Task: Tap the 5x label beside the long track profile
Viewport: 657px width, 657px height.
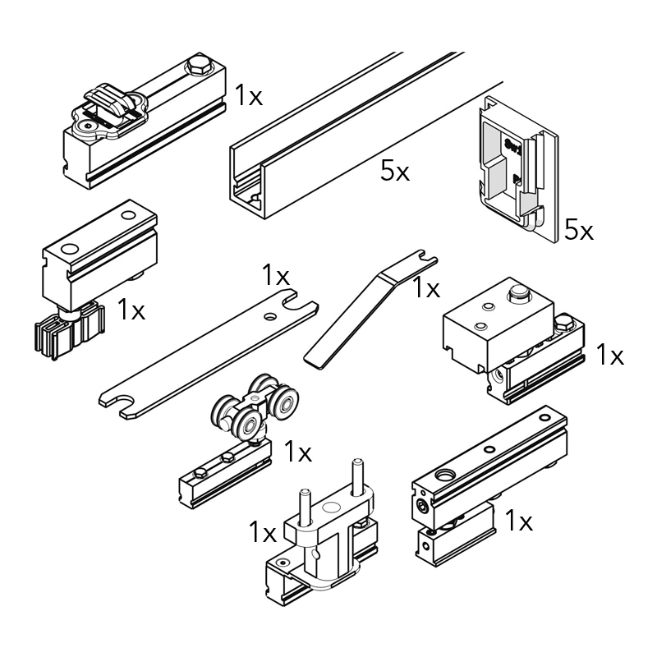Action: (x=395, y=171)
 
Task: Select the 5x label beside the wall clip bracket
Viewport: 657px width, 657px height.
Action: (x=579, y=230)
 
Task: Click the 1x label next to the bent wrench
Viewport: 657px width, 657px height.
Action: (x=426, y=288)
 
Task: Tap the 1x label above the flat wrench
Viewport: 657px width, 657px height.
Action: (x=276, y=275)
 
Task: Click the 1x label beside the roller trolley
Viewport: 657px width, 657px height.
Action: (x=298, y=452)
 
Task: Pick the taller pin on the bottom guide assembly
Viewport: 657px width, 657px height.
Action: (x=357, y=478)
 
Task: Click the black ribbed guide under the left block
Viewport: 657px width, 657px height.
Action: (x=69, y=331)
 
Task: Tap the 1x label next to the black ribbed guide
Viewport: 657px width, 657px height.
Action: (x=131, y=310)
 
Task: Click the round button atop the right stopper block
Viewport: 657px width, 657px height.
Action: (x=518, y=292)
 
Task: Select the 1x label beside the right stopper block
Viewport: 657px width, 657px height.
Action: (x=610, y=355)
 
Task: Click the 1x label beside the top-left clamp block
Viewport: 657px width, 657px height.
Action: (x=249, y=95)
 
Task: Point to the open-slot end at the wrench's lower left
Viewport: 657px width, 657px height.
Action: (x=118, y=405)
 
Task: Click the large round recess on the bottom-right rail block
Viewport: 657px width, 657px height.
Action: (x=444, y=476)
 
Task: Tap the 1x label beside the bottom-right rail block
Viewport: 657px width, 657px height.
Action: (x=519, y=521)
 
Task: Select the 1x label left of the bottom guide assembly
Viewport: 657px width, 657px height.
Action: (x=263, y=532)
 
